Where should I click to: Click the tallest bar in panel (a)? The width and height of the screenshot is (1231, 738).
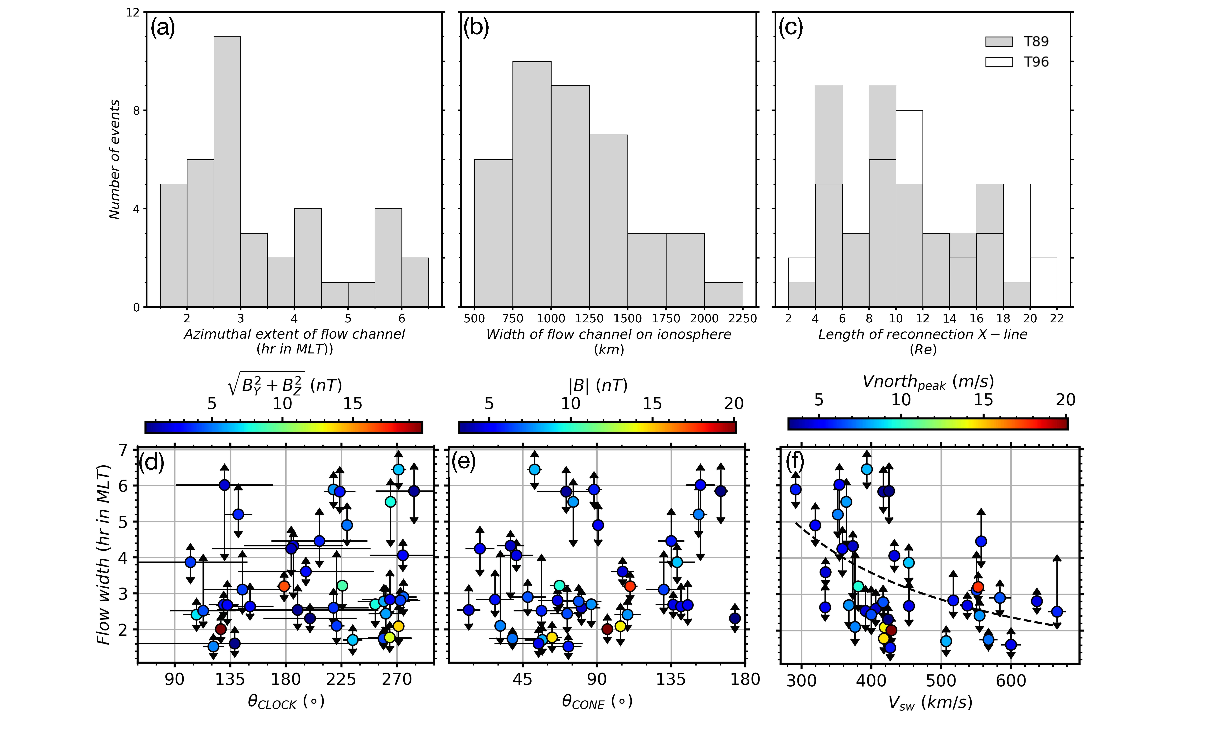(227, 172)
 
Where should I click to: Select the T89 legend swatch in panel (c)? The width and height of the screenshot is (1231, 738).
(999, 42)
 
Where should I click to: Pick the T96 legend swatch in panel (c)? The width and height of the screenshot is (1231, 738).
(999, 62)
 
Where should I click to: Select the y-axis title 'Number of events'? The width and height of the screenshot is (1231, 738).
(114, 159)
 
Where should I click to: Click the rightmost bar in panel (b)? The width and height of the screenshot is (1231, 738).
(723, 294)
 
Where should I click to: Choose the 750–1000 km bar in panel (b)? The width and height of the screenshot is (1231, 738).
(532, 184)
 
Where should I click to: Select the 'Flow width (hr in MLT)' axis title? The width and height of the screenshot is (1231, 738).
(103, 555)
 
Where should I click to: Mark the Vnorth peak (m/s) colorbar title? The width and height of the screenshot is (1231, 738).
(928, 382)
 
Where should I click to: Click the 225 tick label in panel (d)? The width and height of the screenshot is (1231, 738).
(341, 679)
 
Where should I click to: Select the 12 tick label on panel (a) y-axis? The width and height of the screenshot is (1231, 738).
(132, 12)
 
